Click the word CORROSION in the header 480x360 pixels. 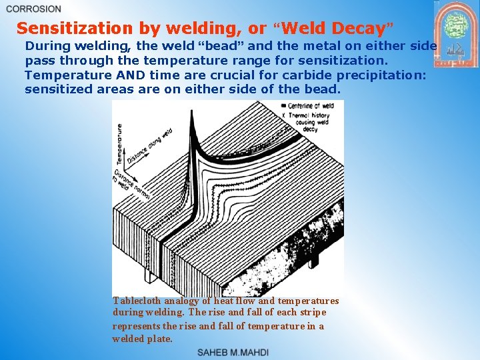pyautogui.click(x=33, y=9)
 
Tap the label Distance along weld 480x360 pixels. pyautogui.click(x=148, y=147)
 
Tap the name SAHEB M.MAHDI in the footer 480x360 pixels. pyautogui.click(x=233, y=352)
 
